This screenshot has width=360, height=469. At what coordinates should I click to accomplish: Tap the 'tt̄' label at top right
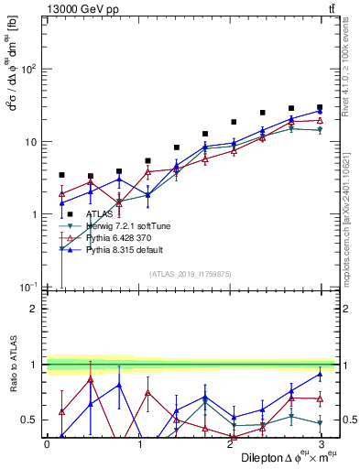tap(331, 8)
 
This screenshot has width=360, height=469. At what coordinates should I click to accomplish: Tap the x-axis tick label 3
tap(320, 444)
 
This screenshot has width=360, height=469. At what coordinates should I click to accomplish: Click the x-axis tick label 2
tap(229, 444)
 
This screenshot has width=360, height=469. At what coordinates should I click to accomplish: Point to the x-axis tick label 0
tap(48, 444)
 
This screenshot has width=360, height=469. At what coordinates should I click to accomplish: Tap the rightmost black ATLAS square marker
tap(320, 107)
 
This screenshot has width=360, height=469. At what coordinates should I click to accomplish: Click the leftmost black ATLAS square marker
tap(61, 175)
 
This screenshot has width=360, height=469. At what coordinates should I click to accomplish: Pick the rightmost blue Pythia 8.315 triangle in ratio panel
tap(320, 374)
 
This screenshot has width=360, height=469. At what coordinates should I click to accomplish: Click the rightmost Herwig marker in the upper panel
tap(320, 131)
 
